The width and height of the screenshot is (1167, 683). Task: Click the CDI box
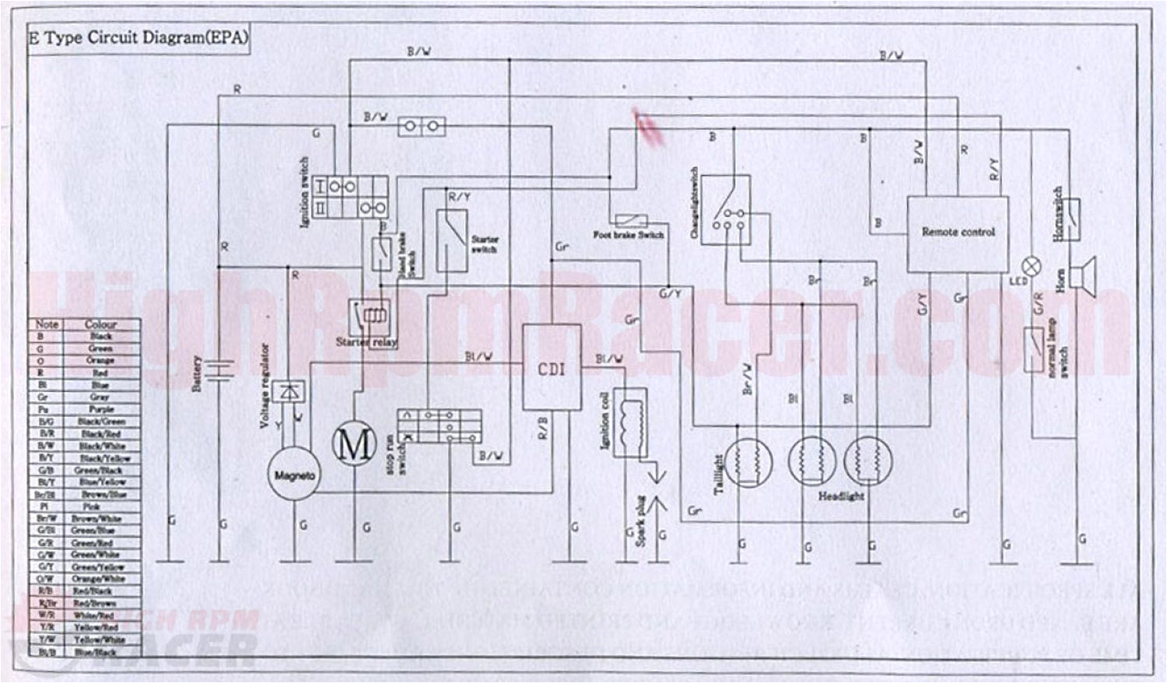[551, 367]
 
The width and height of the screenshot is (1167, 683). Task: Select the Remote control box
[958, 233]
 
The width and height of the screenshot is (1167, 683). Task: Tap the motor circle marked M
[354, 445]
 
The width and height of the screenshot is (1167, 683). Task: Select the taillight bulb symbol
[752, 462]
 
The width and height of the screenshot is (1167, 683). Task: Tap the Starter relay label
[366, 341]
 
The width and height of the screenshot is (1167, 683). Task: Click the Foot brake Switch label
[629, 235]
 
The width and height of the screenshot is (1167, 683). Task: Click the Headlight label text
[840, 496]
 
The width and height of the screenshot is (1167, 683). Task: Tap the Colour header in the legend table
[101, 324]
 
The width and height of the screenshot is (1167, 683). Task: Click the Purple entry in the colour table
[101, 409]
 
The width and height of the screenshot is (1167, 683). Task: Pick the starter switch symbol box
[451, 240]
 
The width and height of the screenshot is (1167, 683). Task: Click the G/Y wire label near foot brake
[670, 294]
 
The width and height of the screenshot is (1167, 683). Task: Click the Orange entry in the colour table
[101, 361]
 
